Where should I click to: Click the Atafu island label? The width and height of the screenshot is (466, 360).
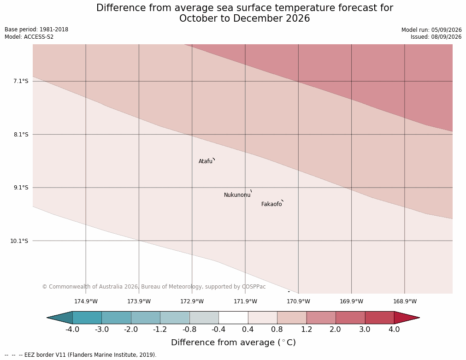point(206,161)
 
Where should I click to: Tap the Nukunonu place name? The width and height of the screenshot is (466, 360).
point(237,195)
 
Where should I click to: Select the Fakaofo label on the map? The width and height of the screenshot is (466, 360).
point(271,204)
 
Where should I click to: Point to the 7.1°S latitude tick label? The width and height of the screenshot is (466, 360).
point(21,81)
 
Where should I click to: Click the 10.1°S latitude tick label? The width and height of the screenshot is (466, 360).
point(19,241)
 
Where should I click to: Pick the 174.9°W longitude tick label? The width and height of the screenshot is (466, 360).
point(86,301)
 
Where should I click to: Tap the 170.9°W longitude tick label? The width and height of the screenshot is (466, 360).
point(298,301)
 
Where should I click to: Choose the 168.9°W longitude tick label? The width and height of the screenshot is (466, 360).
point(405,301)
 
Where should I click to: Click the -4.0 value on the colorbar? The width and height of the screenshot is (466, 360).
point(72,330)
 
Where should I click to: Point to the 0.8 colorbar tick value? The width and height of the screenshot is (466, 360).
point(277,330)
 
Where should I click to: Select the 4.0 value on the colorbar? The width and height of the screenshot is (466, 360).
point(394,330)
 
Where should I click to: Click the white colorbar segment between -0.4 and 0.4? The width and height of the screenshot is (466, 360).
point(233,318)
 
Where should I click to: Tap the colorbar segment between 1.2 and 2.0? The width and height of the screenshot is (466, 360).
point(321,318)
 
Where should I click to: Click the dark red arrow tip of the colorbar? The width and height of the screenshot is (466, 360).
point(419,318)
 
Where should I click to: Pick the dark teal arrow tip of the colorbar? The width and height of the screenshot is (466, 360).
point(47,318)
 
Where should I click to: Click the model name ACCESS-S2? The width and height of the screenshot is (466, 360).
point(39,37)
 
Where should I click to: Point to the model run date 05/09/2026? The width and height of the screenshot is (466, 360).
point(446,30)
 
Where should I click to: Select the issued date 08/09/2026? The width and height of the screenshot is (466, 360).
point(446,37)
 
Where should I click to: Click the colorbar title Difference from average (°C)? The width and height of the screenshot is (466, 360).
point(233,342)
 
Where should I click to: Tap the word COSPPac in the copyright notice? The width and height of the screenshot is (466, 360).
point(254,287)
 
